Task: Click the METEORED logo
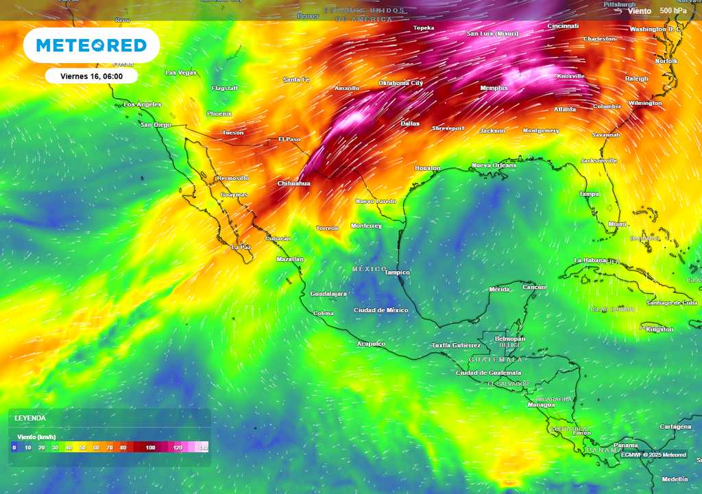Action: tap(91, 46)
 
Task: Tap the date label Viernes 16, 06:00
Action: tap(91, 76)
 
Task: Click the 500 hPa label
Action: tap(673, 11)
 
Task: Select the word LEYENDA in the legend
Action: tap(30, 418)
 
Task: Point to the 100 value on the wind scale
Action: tap(150, 447)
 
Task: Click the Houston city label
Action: tap(427, 168)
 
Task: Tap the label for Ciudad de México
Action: tap(380, 310)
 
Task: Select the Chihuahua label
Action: tap(293, 184)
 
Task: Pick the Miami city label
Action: tap(617, 224)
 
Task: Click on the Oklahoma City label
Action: tap(400, 83)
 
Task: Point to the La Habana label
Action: tap(590, 260)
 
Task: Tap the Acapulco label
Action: tap(371, 344)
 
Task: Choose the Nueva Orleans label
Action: tap(494, 165)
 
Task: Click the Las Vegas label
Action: tap(181, 73)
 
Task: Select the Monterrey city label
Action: tap(366, 226)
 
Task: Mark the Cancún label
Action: tap(533, 287)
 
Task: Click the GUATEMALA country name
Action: tap(495, 360)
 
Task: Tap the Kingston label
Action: tap(659, 329)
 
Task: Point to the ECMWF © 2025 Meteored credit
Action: tap(653, 455)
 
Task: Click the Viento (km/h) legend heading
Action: tap(36, 436)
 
